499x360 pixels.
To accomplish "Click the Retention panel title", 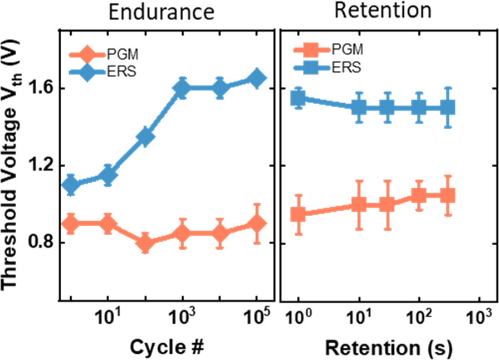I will click(384, 10).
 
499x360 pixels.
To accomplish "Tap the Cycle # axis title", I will click(166, 346).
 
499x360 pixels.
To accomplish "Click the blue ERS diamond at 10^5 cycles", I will click(257, 79).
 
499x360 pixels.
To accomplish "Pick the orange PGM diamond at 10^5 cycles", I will click(257, 223).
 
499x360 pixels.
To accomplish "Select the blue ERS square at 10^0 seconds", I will click(299, 99).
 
